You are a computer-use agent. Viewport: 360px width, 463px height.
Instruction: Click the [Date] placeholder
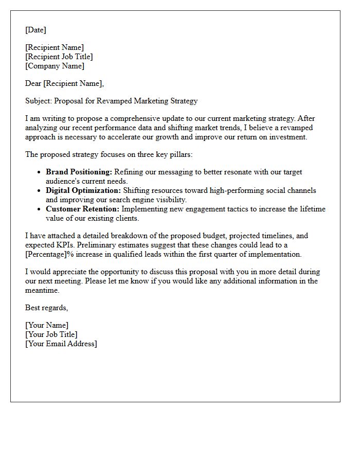click(x=35, y=30)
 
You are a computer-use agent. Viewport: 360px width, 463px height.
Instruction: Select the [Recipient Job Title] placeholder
click(x=59, y=57)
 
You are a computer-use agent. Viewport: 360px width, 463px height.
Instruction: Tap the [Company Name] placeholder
click(x=55, y=66)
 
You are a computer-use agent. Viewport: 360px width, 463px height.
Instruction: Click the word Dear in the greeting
click(x=33, y=83)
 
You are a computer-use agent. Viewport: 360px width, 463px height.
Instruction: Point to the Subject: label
click(x=39, y=101)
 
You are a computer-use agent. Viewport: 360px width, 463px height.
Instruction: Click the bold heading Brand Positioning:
click(x=79, y=172)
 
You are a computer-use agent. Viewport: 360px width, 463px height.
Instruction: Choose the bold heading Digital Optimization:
click(x=83, y=190)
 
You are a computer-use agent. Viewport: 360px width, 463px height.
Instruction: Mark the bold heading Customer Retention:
click(x=82, y=209)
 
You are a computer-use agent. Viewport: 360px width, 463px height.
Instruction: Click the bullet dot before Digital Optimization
click(x=39, y=191)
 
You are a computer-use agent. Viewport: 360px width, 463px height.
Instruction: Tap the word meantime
click(x=43, y=290)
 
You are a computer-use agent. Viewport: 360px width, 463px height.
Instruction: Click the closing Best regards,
click(x=46, y=308)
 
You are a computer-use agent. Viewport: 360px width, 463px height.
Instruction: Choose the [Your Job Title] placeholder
click(x=51, y=334)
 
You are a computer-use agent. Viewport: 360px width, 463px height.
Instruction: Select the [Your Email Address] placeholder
click(x=61, y=344)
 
